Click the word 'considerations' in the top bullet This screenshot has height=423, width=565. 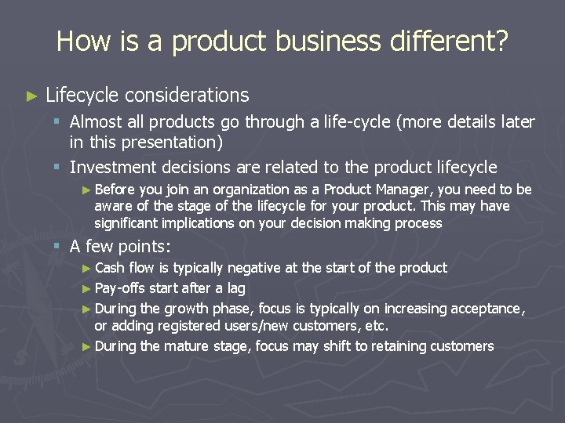tap(187, 96)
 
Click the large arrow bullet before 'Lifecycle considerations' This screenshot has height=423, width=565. tap(31, 96)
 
